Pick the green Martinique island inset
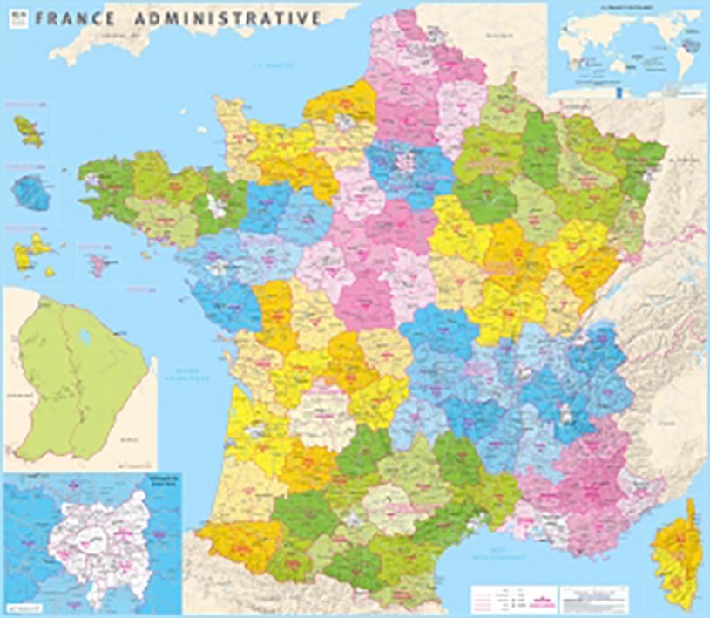point(28,129)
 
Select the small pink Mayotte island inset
point(95,260)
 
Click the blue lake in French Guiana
point(85,335)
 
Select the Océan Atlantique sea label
point(188,374)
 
